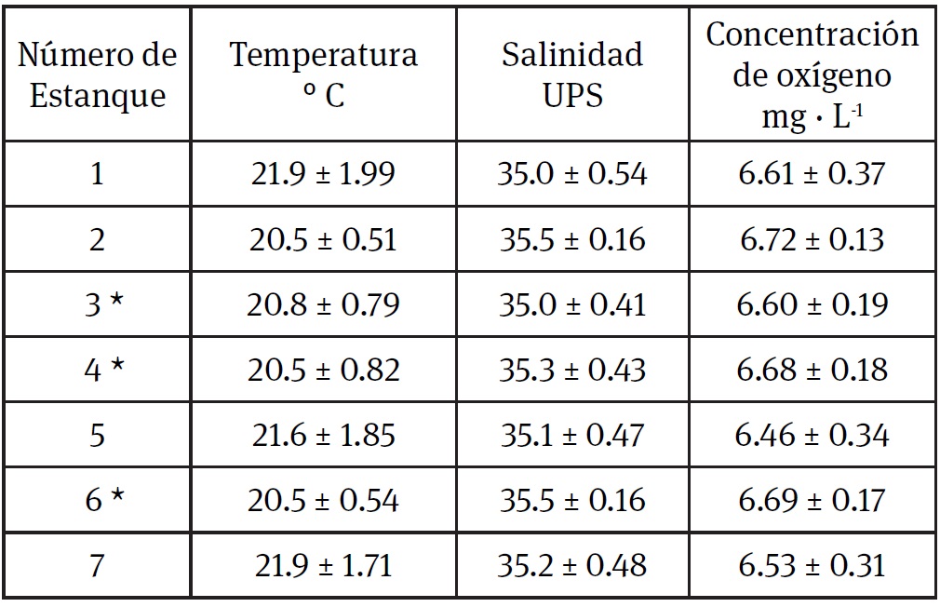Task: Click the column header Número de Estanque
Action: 98,75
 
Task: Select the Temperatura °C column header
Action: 323,75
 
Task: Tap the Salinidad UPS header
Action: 571,75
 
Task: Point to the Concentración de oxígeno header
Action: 812,75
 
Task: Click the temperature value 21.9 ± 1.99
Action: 323,173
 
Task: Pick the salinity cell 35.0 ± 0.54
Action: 571,173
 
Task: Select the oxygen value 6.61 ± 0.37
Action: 812,173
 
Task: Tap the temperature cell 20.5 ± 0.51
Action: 323,239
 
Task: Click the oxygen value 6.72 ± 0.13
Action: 812,239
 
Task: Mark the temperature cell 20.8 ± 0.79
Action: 323,304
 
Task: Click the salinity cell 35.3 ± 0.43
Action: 571,370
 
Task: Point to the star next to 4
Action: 115,366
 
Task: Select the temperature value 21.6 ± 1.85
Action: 323,435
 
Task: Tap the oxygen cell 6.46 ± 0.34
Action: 812,435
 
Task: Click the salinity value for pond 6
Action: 571,500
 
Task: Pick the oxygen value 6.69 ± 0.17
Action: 812,500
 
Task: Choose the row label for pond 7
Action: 98,565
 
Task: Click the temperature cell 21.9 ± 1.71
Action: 323,565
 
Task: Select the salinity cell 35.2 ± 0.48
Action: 571,565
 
